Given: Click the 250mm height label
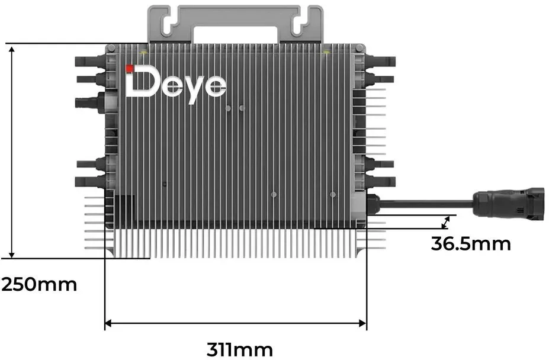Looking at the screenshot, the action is point(39,284).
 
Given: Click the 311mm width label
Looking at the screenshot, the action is point(239,349).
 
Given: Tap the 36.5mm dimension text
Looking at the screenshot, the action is point(471,244).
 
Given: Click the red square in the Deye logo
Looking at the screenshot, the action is point(130,68).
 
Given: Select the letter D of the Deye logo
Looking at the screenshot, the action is point(143,83).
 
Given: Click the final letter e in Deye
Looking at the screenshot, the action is point(215,85).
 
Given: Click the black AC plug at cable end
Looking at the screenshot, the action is point(508,204).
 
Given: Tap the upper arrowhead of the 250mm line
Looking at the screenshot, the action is point(12,50).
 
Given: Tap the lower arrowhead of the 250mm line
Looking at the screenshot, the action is point(12,254).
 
